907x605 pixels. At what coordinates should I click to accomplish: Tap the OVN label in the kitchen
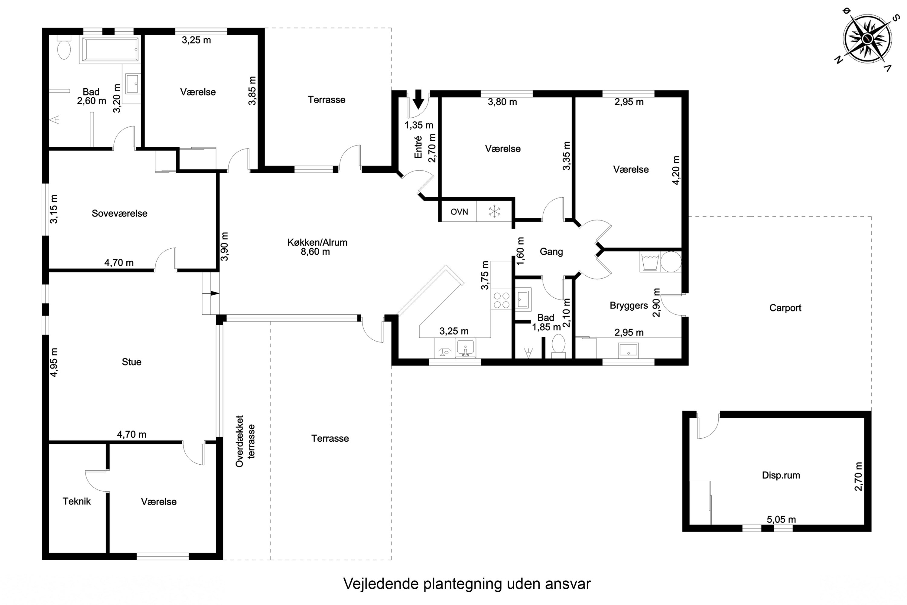[x=459, y=212]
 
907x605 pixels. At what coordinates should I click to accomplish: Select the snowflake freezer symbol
[x=494, y=211]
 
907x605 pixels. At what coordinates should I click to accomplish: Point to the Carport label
[x=785, y=308]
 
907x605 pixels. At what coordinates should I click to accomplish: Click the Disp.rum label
[x=781, y=475]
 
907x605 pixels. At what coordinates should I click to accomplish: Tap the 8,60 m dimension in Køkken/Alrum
[x=315, y=252]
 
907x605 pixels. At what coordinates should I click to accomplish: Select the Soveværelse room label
[x=119, y=213]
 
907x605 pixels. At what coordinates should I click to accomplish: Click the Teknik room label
[x=77, y=501]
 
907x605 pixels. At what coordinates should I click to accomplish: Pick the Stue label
[x=132, y=362]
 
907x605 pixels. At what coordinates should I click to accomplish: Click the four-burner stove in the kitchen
[x=501, y=300]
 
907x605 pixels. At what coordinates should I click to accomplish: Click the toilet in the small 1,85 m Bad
[x=558, y=346]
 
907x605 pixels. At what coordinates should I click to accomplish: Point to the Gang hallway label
[x=551, y=252]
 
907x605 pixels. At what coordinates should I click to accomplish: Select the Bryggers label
[x=629, y=306]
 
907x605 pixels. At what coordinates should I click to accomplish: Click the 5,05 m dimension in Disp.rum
[x=781, y=519]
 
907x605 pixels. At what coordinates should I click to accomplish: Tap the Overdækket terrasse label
[x=245, y=441]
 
